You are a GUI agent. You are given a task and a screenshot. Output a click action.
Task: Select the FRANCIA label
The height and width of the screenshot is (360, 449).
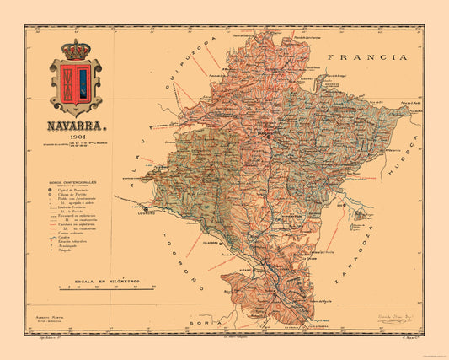click(363, 58)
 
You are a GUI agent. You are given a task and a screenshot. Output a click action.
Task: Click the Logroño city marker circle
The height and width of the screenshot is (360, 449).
click(145, 207)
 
